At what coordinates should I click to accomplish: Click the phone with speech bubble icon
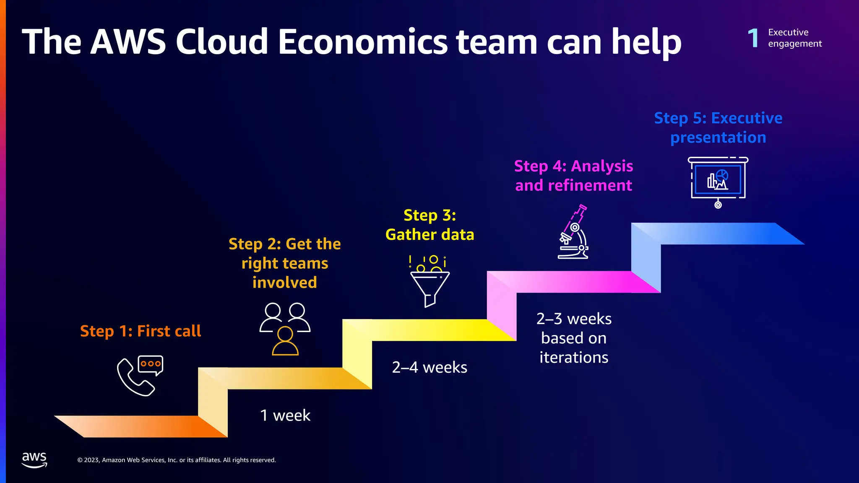(140, 376)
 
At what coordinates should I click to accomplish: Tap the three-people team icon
(285, 329)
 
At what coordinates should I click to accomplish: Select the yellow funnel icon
(429, 281)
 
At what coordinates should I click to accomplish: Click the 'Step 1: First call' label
(141, 331)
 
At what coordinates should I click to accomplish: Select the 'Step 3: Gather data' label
(429, 225)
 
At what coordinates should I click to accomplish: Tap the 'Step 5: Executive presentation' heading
(718, 128)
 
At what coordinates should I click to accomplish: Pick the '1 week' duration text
(285, 415)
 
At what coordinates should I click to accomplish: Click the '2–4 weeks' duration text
(429, 367)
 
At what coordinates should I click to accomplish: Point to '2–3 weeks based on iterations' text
(574, 338)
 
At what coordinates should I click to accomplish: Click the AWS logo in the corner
(34, 460)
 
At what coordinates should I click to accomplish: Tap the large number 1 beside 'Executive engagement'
(753, 38)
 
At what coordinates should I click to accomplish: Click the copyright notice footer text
(177, 460)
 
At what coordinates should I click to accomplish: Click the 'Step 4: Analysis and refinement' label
(573, 176)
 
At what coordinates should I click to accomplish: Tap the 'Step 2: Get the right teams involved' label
(285, 263)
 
